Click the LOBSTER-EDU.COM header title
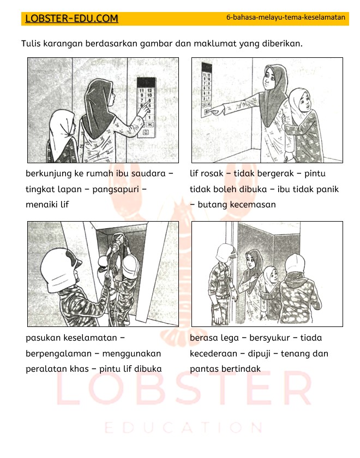(x=71, y=19)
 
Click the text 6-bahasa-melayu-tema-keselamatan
(x=285, y=17)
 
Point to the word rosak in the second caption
(x=213, y=174)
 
